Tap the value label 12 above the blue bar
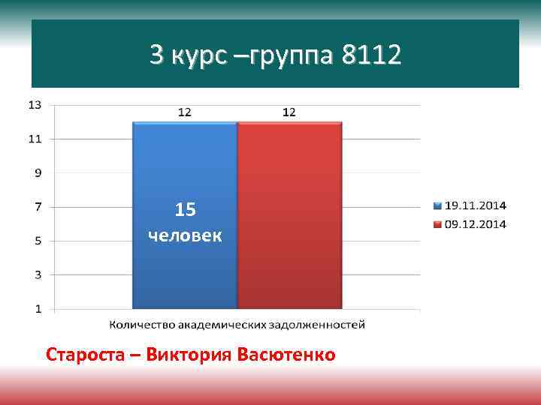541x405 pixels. click(x=184, y=112)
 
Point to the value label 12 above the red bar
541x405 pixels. click(x=289, y=112)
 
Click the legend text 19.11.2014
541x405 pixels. click(x=476, y=205)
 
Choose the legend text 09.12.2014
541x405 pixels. click(x=476, y=223)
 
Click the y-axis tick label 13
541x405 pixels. click(x=35, y=104)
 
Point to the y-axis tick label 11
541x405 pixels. click(x=35, y=139)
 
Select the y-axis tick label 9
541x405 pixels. click(x=38, y=172)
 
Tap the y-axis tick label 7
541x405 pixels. click(x=38, y=206)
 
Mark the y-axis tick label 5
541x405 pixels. click(x=38, y=241)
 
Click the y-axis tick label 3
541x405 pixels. click(x=38, y=274)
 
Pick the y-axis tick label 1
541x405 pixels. click(x=38, y=308)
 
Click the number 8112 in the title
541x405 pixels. click(x=371, y=55)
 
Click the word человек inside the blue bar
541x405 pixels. click(x=185, y=236)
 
